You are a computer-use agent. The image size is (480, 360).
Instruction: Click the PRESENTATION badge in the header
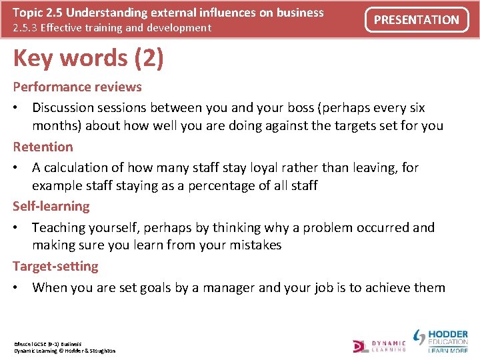pyautogui.click(x=416, y=20)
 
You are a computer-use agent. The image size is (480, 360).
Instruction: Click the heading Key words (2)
pyautogui.click(x=88, y=59)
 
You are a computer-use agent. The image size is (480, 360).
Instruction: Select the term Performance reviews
pyautogui.click(x=77, y=87)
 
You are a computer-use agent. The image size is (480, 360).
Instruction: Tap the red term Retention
pyautogui.click(x=43, y=147)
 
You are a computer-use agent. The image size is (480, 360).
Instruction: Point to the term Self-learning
pyautogui.click(x=51, y=207)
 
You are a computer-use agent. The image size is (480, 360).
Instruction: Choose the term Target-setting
pyautogui.click(x=55, y=267)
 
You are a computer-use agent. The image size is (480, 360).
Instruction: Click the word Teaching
pyautogui.click(x=59, y=227)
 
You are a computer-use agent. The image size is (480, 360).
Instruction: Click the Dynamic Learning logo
pyautogui.click(x=379, y=345)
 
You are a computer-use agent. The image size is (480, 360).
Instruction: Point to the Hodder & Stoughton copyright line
pyautogui.click(x=65, y=351)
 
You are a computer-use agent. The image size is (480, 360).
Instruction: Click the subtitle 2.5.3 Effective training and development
pyautogui.click(x=112, y=28)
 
